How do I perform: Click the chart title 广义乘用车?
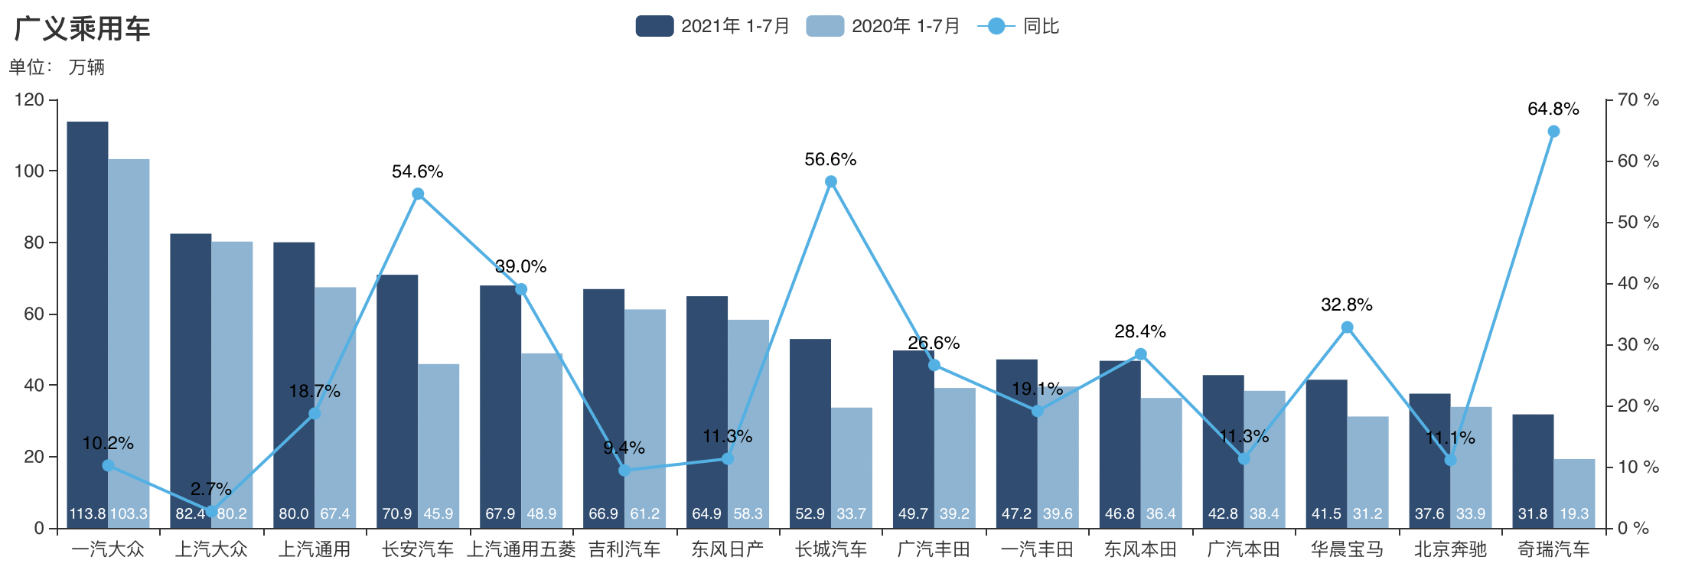[x=82, y=29]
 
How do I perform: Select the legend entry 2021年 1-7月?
[x=712, y=26]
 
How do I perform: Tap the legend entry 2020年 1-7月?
[x=883, y=26]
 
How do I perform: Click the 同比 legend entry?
[x=1019, y=26]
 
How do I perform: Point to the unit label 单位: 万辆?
[x=57, y=67]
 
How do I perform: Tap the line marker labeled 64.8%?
[x=1553, y=132]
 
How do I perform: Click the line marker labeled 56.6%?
[x=831, y=182]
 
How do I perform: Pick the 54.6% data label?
[x=417, y=172]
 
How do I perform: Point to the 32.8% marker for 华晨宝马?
[x=1348, y=327]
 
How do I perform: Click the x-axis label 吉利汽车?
[x=624, y=549]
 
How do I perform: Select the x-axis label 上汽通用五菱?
[x=521, y=549]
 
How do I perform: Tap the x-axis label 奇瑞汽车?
[x=1553, y=549]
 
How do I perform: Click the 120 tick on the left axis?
[x=29, y=100]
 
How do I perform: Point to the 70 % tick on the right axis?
[x=1638, y=100]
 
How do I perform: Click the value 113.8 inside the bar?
[x=87, y=513]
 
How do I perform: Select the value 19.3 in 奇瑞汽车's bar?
[x=1574, y=513]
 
